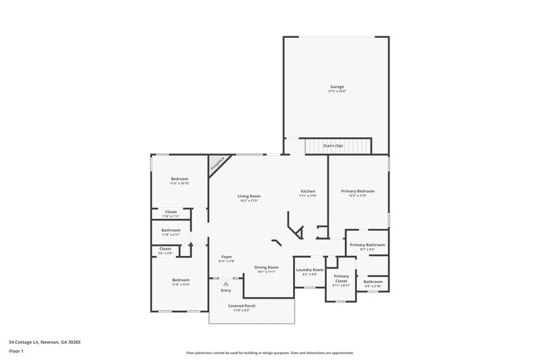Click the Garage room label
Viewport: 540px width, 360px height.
[x=337, y=86]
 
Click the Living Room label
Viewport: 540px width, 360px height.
[x=249, y=197]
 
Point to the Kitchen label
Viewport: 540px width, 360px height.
[x=308, y=191]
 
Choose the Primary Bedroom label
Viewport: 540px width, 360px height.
[x=362, y=191]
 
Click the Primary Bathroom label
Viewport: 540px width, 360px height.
[x=367, y=245]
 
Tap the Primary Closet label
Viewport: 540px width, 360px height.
[x=342, y=278]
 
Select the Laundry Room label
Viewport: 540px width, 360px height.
[x=309, y=269]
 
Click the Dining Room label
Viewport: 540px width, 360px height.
[x=267, y=267]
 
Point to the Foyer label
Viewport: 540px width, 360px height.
[x=226, y=257]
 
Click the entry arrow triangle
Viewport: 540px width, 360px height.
[x=226, y=284]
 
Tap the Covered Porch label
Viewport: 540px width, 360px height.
[x=241, y=305]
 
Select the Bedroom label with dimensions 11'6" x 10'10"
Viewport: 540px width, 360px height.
[x=179, y=179]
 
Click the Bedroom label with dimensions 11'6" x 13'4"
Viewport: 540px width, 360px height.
[x=180, y=280]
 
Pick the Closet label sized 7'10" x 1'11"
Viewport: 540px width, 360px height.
[x=171, y=211]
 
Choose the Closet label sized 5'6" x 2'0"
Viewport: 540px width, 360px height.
[x=165, y=249]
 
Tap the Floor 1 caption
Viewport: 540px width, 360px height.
[x=16, y=351]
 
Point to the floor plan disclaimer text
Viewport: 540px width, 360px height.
[x=269, y=353]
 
